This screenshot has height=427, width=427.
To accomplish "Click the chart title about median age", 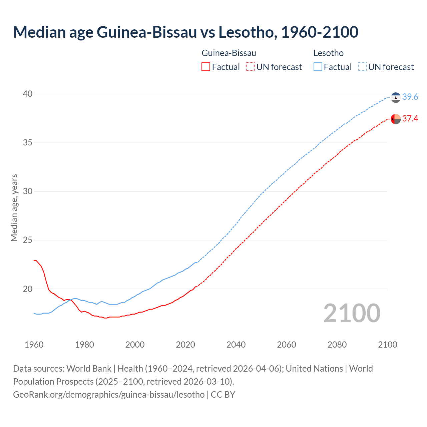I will coord(185,32).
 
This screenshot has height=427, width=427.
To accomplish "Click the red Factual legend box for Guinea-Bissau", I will coord(206,67).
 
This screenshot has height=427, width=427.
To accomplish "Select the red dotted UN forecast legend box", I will coord(250,67).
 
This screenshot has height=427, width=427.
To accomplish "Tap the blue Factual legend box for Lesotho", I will coord(318,67).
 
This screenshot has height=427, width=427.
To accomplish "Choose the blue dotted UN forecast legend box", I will coord(362,67).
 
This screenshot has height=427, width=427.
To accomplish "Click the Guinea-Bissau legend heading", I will coord(229,53).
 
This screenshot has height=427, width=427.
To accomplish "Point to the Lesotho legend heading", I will coord(328,53).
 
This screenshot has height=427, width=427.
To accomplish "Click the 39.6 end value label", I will coord(410,97).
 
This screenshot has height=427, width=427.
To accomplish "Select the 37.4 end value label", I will coord(410,118).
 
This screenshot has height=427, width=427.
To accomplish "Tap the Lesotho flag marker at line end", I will coord(396,97).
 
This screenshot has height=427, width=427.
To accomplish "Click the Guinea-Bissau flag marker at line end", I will coord(396,119).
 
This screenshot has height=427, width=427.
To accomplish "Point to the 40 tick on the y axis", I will coord(28,94).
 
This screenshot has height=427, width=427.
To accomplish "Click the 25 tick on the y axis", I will coord(28,240).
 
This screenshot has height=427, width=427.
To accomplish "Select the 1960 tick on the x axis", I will coord(34,345).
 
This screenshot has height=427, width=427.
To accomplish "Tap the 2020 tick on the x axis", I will coord(185,345).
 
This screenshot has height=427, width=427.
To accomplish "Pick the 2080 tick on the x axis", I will coord(337,345).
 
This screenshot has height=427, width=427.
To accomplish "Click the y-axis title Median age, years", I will coord(14,207).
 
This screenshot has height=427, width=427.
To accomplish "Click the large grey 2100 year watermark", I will coord(352,313).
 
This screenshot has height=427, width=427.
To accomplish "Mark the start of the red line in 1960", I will coord(34,260).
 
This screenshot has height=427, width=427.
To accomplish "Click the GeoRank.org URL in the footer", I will coord(109,395).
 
